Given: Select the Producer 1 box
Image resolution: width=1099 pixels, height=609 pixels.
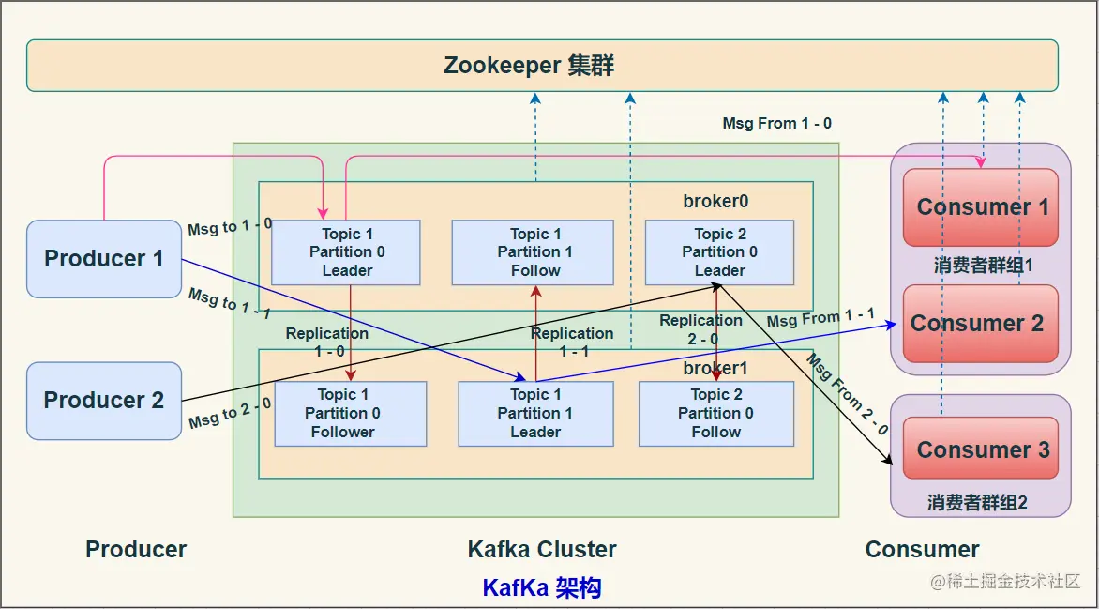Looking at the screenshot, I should coord(103,259).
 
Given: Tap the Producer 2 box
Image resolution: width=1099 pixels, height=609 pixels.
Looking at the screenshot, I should coord(103,401).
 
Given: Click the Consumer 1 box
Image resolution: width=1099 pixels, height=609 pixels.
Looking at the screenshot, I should coord(981,207).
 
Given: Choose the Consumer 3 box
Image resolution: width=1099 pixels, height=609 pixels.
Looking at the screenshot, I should coord(982,449).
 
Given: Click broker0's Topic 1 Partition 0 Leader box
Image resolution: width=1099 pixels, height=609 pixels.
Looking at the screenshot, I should coord(346,252).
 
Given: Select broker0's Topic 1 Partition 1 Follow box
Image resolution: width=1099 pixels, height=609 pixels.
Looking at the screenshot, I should coord(533,252).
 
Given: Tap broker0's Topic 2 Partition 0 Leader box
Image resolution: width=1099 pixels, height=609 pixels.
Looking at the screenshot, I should coord(718,252).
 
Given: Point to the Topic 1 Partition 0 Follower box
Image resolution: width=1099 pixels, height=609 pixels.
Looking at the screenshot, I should coord(350,414).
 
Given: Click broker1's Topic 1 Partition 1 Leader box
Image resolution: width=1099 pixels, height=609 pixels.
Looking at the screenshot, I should coord(534,414).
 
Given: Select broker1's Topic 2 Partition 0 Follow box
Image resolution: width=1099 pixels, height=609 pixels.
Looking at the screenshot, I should coord(715,414).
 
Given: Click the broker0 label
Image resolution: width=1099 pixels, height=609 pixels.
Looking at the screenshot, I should coord(715,202).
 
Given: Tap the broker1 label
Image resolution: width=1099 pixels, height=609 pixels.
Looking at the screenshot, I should coord(715,368).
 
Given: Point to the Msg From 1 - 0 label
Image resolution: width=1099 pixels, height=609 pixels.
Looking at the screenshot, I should coord(776,123).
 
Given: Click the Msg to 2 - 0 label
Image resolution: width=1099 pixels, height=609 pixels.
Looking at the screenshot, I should coord(230,413).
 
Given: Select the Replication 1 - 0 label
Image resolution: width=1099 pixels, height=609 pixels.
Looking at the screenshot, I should coord(327,342).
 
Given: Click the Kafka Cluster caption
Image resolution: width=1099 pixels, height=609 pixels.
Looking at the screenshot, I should coord(542,550).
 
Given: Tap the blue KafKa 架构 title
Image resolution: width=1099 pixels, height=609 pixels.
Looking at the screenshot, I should coord(541,588).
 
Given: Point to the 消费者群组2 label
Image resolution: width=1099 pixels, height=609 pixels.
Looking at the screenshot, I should coord(977,503).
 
